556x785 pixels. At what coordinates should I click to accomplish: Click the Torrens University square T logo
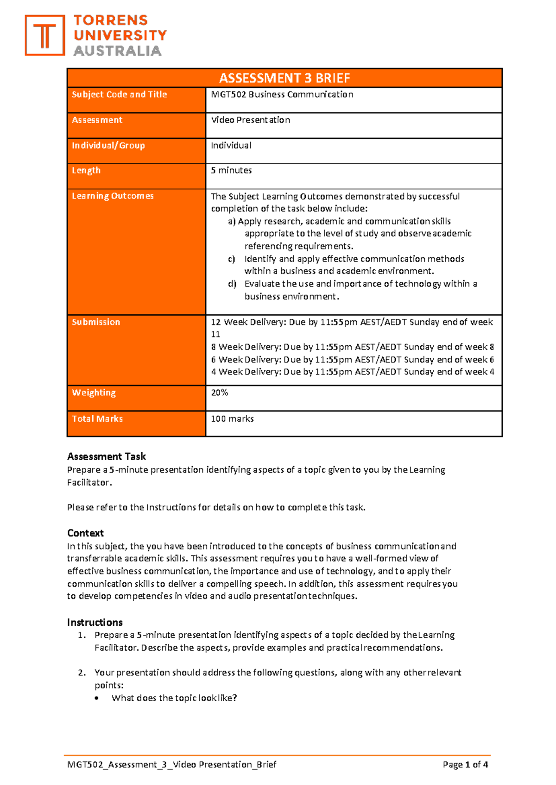44,35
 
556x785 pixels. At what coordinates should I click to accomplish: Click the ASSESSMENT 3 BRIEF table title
284,78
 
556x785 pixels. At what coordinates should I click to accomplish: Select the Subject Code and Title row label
119,94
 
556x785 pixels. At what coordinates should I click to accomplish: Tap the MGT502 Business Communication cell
282,94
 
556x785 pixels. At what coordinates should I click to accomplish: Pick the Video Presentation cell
250,120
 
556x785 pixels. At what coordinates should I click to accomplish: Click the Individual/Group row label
108,145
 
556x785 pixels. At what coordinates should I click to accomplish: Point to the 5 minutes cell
231,170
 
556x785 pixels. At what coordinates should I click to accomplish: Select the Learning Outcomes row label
113,196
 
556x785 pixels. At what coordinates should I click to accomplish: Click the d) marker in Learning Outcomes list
232,284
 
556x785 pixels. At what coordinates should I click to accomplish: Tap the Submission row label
96,322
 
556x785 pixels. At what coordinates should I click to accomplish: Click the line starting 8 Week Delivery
352,347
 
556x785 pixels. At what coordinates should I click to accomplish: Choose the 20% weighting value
219,392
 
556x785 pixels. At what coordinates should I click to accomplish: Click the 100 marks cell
232,419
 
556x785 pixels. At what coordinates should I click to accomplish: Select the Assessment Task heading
107,456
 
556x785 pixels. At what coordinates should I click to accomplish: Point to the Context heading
85,533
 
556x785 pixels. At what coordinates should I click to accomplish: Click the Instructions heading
95,622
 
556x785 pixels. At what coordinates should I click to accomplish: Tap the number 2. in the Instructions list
82,673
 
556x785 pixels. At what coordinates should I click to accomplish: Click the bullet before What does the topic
96,698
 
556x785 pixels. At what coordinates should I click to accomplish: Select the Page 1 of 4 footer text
465,765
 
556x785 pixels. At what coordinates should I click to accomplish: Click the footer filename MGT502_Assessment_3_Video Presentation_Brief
171,765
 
